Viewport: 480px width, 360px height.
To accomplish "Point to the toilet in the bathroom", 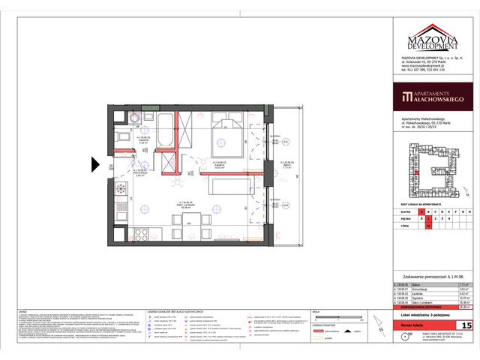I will click(x=136, y=118).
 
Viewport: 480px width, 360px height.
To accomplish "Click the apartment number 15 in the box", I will click(x=466, y=325).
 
